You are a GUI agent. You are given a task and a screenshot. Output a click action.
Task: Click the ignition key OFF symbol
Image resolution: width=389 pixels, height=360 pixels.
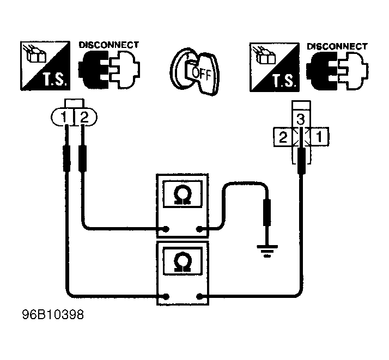[x=194, y=71]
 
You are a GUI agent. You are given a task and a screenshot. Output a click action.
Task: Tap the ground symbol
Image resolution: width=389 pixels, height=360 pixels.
[x=267, y=251]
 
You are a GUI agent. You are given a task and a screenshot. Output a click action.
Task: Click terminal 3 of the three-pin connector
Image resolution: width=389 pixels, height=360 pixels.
[x=301, y=119]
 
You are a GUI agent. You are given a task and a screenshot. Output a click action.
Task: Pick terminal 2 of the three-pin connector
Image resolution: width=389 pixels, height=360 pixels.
[x=283, y=137]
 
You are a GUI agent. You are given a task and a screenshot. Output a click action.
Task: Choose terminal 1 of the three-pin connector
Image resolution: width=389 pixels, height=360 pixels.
[x=319, y=137]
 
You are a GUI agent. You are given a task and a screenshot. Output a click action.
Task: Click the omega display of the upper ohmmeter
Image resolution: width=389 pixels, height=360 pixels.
[x=183, y=194]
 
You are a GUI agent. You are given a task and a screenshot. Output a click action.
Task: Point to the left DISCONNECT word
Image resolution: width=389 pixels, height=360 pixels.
[x=109, y=45]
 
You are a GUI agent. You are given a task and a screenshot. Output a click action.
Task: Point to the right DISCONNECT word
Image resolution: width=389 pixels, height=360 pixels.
[x=337, y=46]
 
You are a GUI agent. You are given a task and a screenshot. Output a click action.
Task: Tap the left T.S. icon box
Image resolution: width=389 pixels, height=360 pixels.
[x=45, y=66]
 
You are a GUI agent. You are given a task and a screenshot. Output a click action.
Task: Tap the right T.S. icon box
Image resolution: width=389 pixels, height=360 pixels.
[x=275, y=67]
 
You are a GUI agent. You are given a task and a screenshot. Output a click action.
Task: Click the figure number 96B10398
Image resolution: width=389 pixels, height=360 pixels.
[x=53, y=315]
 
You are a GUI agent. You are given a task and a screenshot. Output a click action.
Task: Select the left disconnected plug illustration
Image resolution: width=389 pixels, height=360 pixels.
[x=109, y=70]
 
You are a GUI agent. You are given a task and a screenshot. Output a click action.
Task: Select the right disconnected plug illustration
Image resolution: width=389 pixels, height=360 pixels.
[x=337, y=71]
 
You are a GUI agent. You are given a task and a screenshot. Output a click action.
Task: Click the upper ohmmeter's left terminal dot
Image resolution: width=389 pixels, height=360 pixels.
[x=166, y=229]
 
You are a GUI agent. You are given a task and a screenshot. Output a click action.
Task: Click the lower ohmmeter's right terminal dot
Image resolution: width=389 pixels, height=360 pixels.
[x=199, y=296]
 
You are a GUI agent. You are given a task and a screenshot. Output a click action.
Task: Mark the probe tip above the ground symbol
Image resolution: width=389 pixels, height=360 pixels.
[x=267, y=212]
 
